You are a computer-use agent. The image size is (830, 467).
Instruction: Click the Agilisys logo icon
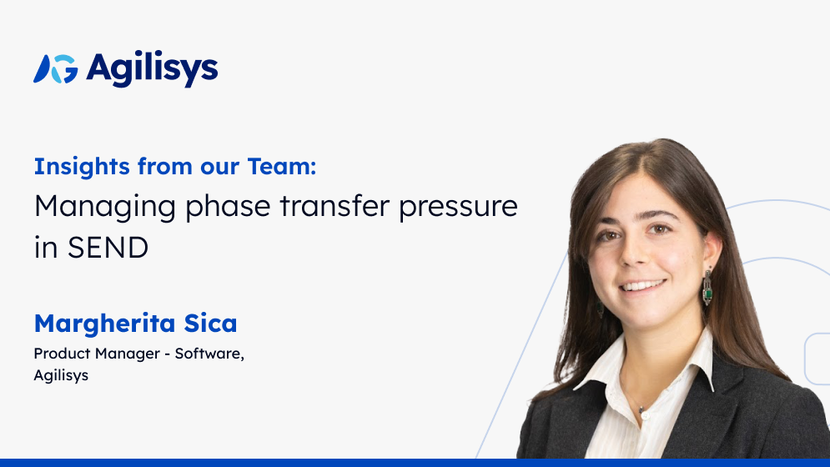coord(55,69)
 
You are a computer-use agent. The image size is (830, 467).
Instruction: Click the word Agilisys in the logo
coord(152,69)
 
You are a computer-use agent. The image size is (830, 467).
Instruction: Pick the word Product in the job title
coord(61,354)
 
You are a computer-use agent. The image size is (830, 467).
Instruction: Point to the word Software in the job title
coord(209,354)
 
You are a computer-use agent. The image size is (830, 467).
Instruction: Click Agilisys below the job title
coord(61,375)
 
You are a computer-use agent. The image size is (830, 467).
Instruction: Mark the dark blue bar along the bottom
coord(415,462)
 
